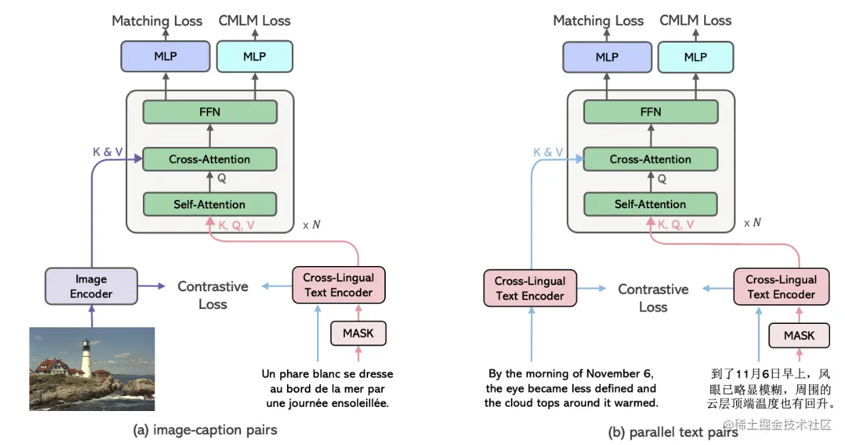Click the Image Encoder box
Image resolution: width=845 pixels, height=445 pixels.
point(91,286)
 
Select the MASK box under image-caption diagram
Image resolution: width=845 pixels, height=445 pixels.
point(358,333)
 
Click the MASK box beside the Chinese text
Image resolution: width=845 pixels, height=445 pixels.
point(799,335)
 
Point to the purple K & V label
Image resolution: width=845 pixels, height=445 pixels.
point(107,152)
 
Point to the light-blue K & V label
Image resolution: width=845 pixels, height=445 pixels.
point(548,152)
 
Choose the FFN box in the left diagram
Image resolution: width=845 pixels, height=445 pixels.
point(210,112)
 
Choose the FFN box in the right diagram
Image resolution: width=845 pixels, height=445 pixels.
point(650,112)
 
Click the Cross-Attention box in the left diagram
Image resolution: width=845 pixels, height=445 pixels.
point(210,159)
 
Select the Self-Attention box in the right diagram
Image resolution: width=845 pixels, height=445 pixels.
point(650,204)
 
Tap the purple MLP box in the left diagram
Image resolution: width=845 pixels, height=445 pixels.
point(165,56)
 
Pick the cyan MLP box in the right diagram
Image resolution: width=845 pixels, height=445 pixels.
point(695,57)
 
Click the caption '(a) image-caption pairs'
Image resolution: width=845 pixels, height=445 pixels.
point(205,429)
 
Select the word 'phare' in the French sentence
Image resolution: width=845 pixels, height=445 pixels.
point(296,374)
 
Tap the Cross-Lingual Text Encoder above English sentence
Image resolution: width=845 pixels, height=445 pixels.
point(530,289)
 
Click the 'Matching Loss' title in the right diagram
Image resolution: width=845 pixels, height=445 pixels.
point(598,20)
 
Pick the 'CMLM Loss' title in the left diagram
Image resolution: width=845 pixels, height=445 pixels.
point(254,20)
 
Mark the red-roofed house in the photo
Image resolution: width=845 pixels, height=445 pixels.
point(54,367)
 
